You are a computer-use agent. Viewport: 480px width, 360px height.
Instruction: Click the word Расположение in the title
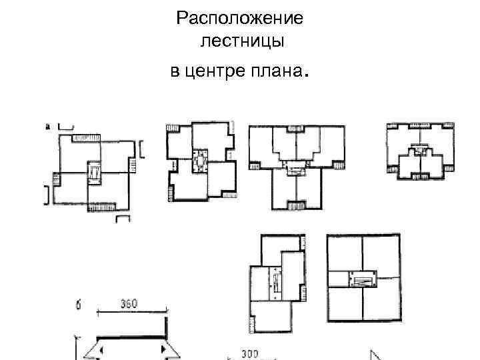240,18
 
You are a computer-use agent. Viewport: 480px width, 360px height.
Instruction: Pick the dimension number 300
250,353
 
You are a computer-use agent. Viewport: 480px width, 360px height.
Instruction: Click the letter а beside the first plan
49,125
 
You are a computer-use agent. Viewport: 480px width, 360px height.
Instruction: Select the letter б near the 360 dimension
79,305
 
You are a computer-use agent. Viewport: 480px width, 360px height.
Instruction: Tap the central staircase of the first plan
94,174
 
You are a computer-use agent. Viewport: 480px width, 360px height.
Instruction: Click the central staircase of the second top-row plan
200,161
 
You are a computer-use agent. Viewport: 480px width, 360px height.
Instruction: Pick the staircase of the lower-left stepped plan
274,284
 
